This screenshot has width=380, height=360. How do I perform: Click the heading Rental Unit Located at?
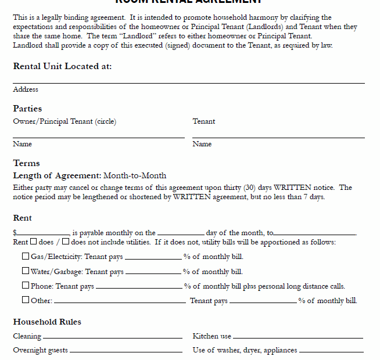(x=62, y=66)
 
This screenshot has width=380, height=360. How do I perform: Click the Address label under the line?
(x=26, y=89)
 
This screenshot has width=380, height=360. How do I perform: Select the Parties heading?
(x=27, y=109)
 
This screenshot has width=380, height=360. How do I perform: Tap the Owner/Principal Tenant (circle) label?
(x=64, y=121)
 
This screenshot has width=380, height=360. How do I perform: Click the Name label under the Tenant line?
(x=202, y=144)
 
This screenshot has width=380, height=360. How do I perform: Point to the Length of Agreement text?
(x=57, y=175)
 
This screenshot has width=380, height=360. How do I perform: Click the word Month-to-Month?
(x=135, y=175)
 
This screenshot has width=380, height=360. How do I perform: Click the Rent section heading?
(x=23, y=218)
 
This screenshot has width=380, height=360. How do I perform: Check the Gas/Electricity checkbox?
(x=26, y=256)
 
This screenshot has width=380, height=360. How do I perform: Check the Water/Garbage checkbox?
(x=26, y=271)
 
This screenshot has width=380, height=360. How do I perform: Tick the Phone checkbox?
(x=26, y=285)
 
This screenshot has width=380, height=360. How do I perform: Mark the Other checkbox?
(x=26, y=300)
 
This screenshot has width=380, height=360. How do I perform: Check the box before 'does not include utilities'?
(x=66, y=242)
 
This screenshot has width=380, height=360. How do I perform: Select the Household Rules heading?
(x=47, y=322)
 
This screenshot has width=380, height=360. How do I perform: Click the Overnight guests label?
(x=40, y=350)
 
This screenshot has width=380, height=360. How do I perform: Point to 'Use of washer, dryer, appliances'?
(x=245, y=350)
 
